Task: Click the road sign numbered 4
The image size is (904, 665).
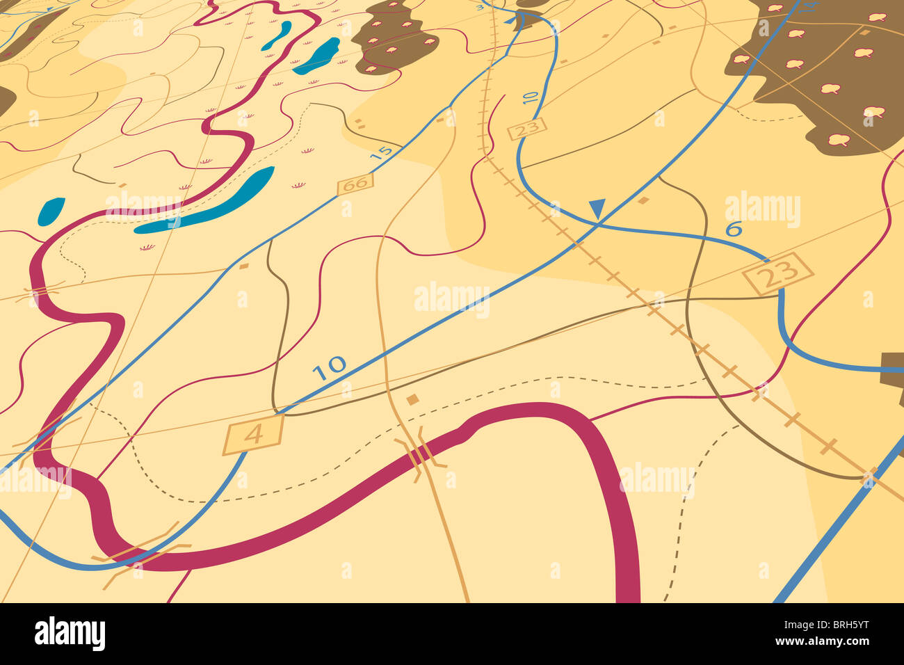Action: tap(254, 435)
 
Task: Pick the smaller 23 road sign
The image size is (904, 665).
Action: tap(528, 128)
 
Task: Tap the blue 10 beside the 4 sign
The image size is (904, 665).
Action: tap(328, 367)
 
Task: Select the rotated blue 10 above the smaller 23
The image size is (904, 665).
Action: tap(530, 97)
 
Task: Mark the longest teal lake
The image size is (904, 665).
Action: tap(207, 202)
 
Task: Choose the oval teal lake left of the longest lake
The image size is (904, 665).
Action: tap(51, 211)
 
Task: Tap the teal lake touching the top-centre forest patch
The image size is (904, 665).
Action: tap(317, 56)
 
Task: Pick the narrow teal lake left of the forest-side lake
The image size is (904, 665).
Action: tap(277, 35)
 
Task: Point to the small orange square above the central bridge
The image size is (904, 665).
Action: tap(412, 399)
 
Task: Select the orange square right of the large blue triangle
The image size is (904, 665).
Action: tap(643, 200)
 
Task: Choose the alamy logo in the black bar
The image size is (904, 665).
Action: tap(70, 634)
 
